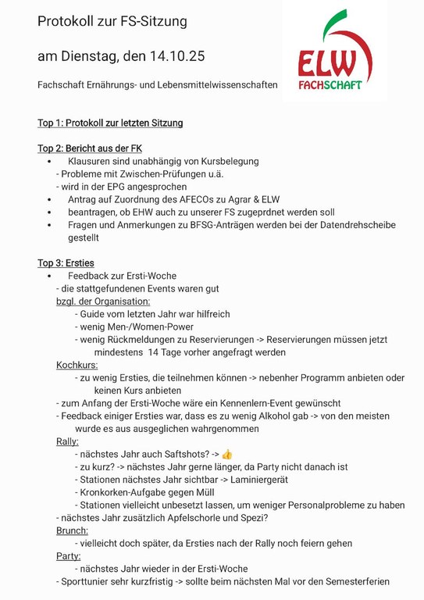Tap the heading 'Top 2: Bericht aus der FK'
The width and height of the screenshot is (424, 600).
[x=90, y=148]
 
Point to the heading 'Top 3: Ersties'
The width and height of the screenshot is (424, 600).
[x=66, y=262]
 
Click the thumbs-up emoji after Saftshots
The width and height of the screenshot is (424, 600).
[x=227, y=454]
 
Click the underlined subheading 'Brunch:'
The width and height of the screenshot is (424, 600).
[x=73, y=530]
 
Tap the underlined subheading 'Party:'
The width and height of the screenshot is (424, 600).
[x=69, y=556]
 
